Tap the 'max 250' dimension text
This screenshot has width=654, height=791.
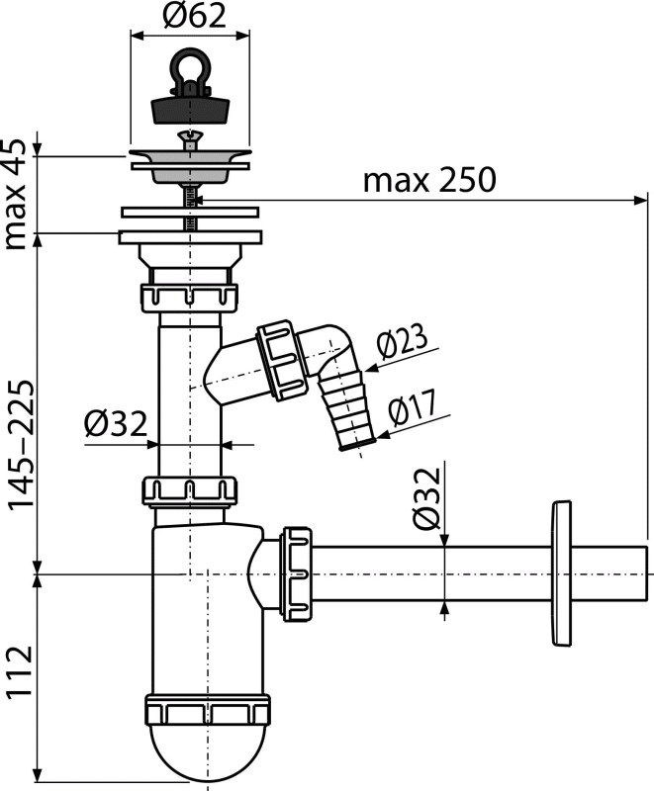[x=429, y=181]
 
